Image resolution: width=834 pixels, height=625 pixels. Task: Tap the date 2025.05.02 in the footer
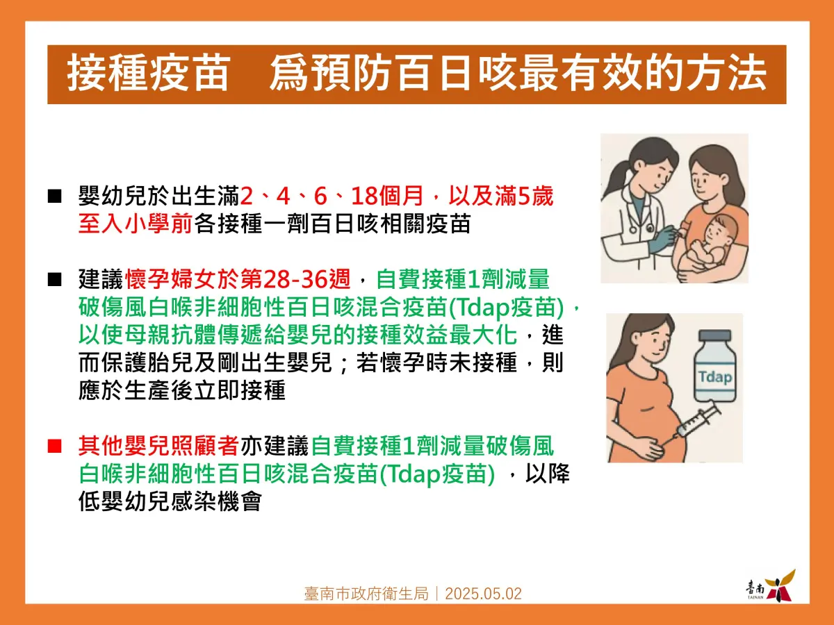[x=483, y=594]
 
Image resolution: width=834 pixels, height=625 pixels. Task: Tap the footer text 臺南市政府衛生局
[x=365, y=594]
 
